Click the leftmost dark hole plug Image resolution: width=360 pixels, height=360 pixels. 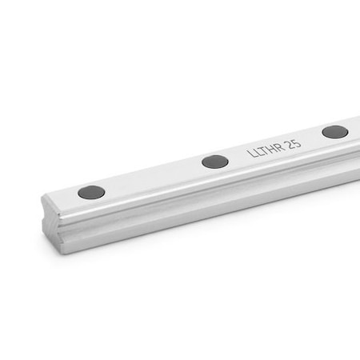tap(91, 192)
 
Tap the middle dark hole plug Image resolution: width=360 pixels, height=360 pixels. tap(215, 162)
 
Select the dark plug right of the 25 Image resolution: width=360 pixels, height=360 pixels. tap(335, 132)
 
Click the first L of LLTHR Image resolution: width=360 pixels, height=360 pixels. tap(250, 154)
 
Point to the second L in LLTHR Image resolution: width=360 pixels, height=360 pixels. tap(258, 152)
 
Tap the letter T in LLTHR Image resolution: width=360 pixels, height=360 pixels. tap(264, 150)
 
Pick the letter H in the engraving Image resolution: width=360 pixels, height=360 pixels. tap(272, 148)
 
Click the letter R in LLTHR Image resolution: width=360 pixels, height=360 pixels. tap(279, 146)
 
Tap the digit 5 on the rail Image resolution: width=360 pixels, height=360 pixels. tap(297, 142)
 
